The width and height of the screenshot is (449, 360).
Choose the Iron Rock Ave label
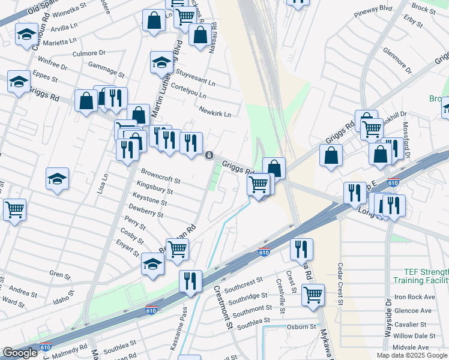click(414, 297)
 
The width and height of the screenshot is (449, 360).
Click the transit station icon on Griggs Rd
click(209, 155)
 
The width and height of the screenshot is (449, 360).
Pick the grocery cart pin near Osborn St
click(313, 294)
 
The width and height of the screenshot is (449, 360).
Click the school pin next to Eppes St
click(19, 81)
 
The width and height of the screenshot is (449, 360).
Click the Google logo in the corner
click(20, 353)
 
